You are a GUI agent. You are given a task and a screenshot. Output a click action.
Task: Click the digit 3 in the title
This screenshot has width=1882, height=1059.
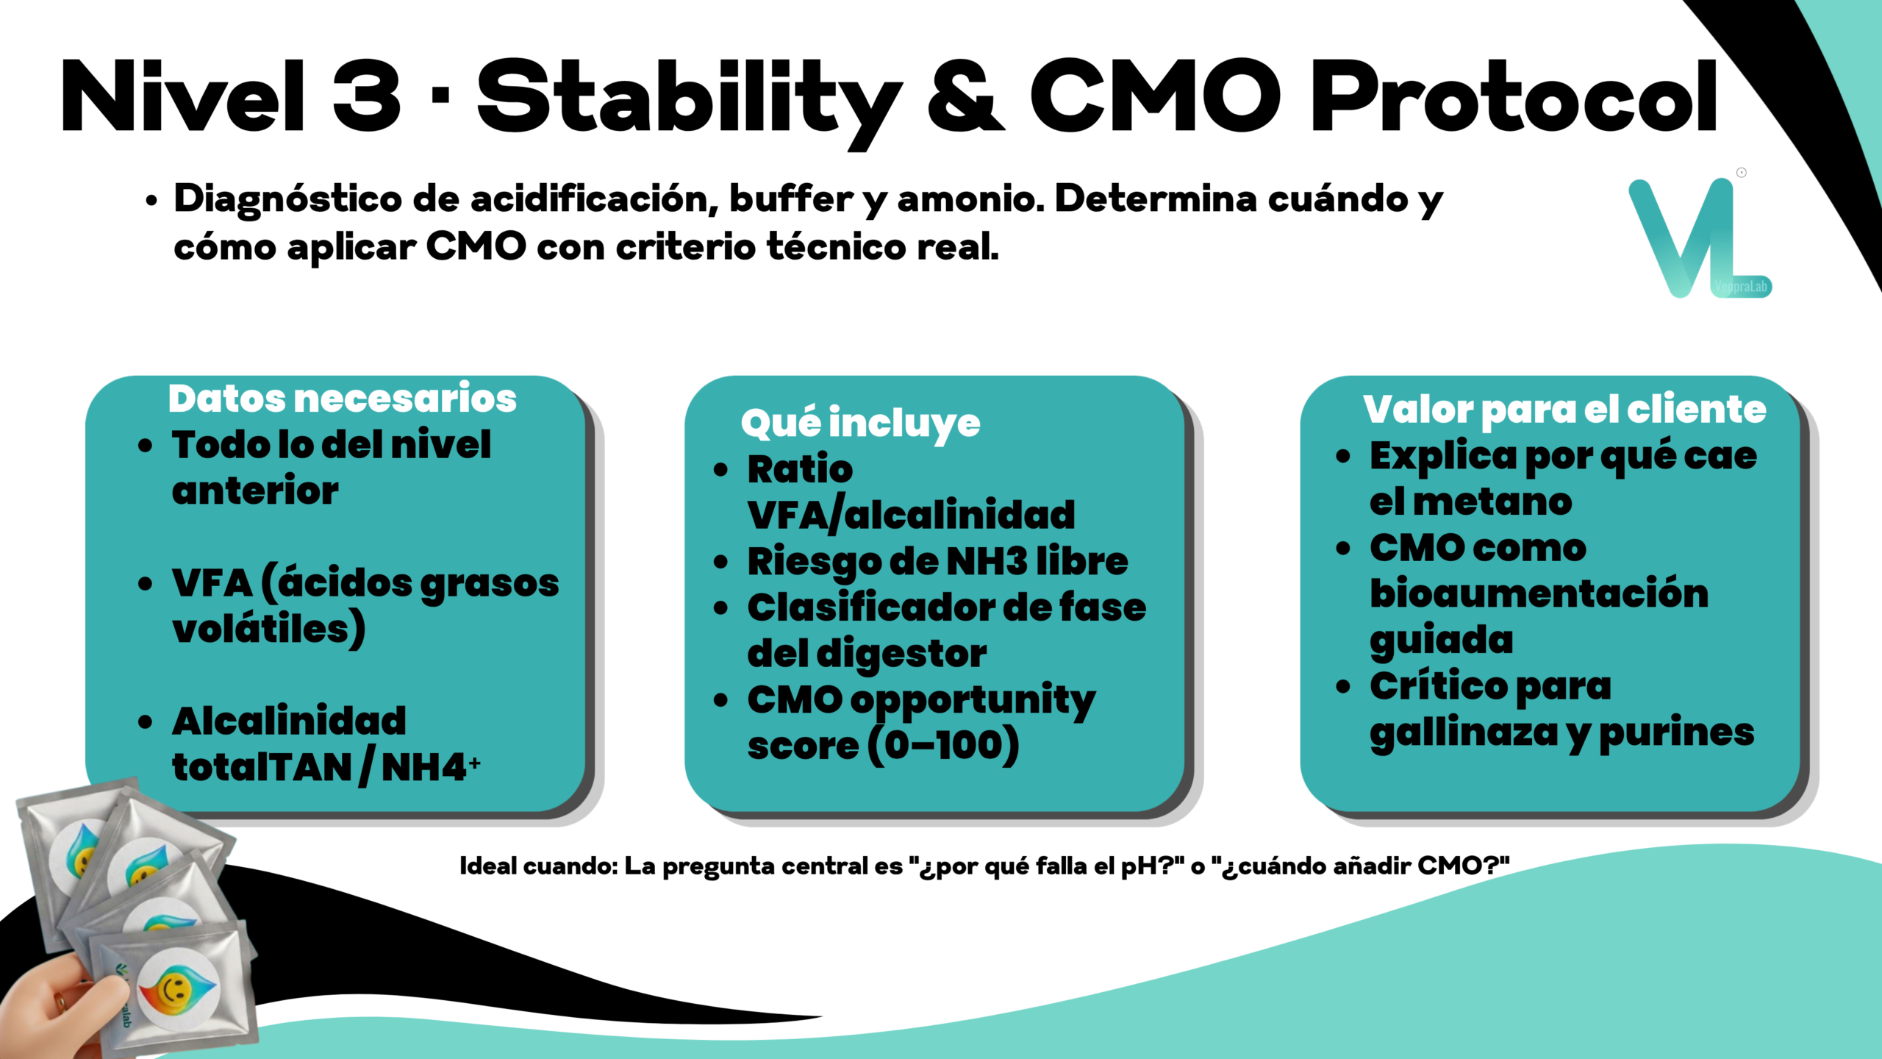pyautogui.click(x=367, y=96)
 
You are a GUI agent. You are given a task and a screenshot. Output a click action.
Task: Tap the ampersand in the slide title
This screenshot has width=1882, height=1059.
pyautogui.click(x=965, y=96)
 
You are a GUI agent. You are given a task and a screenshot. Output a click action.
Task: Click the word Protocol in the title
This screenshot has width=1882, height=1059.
pyautogui.click(x=1514, y=96)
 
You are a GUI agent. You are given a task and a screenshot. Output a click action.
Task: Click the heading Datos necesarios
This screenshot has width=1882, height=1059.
pyautogui.click(x=343, y=399)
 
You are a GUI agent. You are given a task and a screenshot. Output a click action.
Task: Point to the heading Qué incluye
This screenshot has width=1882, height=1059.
pyautogui.click(x=861, y=424)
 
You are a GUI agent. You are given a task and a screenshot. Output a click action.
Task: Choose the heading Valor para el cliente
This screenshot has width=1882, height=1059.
pyautogui.click(x=1564, y=410)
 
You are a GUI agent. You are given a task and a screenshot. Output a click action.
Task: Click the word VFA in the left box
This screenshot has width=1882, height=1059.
pyautogui.click(x=212, y=583)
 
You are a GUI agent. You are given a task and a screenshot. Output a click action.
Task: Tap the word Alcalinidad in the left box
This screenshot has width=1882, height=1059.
pyautogui.click(x=289, y=721)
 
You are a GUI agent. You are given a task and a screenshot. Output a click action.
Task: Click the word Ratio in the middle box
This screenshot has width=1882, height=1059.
pyautogui.click(x=800, y=469)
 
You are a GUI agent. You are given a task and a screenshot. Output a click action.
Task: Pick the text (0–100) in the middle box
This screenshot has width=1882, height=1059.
pyautogui.click(x=943, y=746)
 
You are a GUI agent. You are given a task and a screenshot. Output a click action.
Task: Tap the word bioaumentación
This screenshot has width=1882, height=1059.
pyautogui.click(x=1539, y=593)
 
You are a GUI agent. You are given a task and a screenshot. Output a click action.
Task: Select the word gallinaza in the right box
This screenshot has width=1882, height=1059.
pyautogui.click(x=1464, y=733)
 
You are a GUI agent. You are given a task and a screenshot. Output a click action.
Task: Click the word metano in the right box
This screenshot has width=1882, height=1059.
pyautogui.click(x=1492, y=502)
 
